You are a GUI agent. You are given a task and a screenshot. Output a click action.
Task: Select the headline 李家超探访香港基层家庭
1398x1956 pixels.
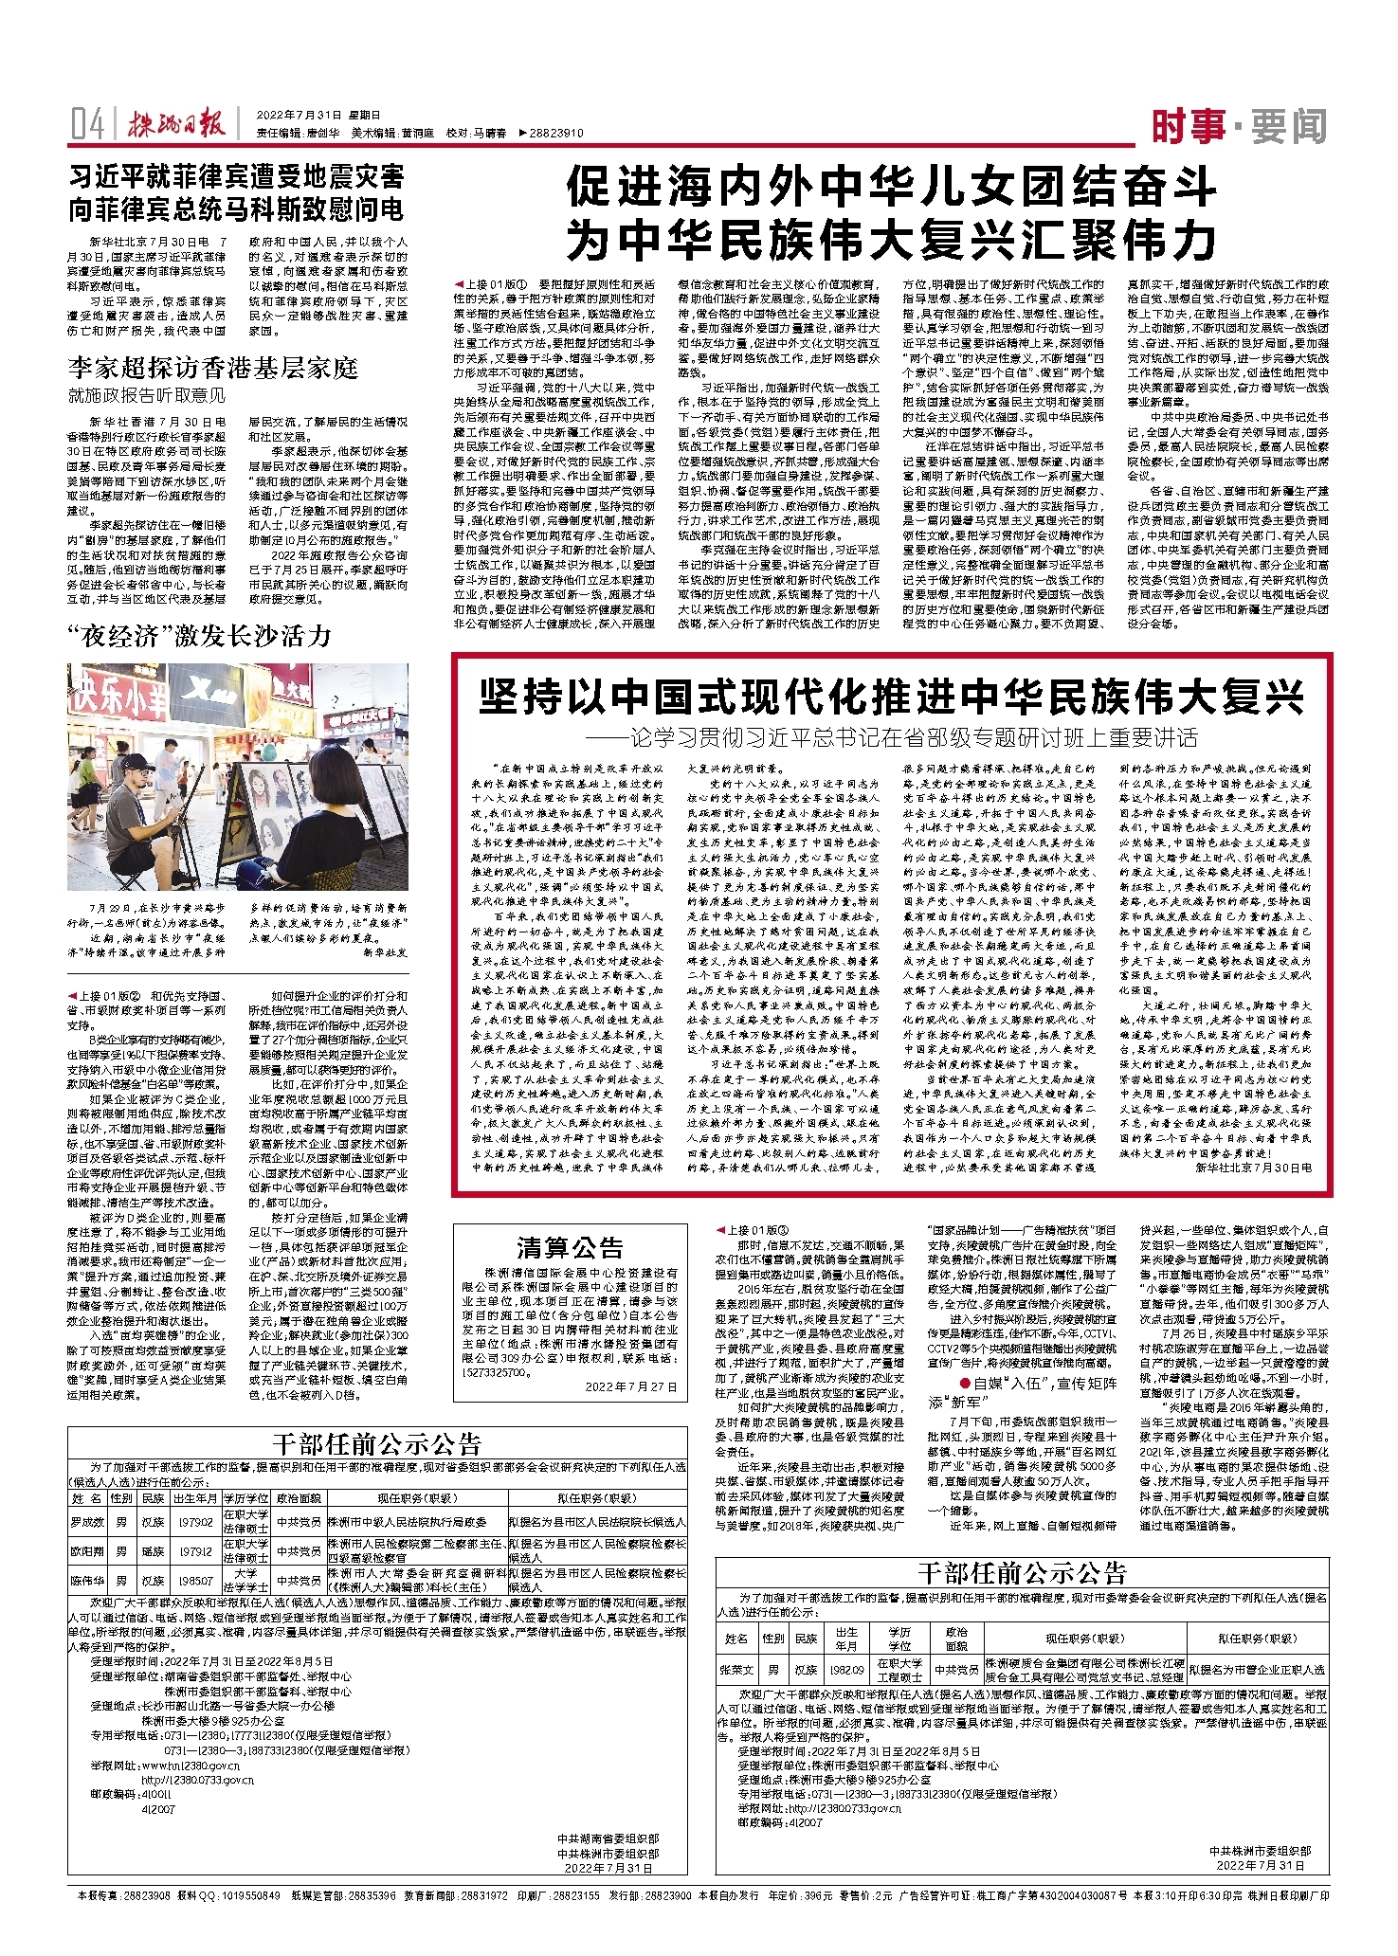pos(212,367)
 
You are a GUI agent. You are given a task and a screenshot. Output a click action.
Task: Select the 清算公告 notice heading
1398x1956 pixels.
pos(570,1246)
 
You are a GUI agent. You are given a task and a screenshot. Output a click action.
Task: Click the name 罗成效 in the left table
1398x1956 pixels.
pos(87,1522)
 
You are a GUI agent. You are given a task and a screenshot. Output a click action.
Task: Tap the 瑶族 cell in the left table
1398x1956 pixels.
pos(153,1551)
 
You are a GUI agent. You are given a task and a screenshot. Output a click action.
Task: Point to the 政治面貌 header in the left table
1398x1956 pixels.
pos(300,1499)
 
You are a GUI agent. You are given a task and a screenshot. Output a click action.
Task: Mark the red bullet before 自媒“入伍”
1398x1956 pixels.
pos(964,1384)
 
